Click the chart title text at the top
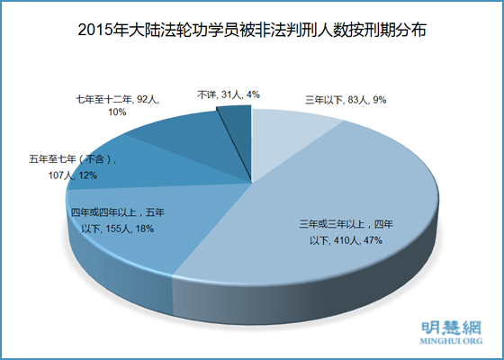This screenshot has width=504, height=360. click(x=252, y=29)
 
